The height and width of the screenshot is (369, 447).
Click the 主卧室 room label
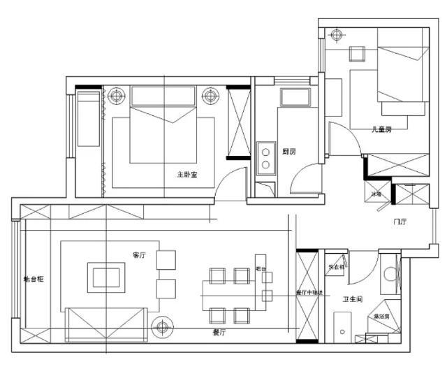click(186, 175)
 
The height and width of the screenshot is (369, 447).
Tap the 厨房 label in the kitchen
click(289, 152)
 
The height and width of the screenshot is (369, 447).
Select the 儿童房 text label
click(381, 129)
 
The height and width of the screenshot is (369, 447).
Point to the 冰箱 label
click(376, 194)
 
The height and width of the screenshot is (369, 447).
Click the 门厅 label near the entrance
click(400, 222)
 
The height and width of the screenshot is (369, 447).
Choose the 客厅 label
click(138, 255)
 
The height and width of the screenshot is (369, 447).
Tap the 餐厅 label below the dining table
click(219, 333)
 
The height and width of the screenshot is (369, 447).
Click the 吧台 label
click(261, 268)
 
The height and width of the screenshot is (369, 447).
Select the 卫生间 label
click(351, 299)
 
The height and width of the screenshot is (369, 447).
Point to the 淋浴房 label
click(381, 316)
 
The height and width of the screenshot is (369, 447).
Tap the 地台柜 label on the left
click(34, 279)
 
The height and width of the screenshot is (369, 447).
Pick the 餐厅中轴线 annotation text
click(309, 292)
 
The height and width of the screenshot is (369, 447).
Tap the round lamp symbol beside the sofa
click(163, 326)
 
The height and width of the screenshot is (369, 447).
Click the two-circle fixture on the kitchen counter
click(265, 157)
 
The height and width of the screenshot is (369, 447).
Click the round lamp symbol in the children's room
click(338, 34)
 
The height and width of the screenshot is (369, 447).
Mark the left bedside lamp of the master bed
click(116, 95)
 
